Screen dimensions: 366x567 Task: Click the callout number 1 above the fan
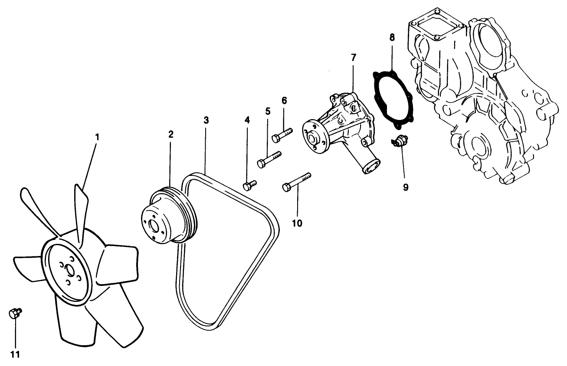tap(97, 136)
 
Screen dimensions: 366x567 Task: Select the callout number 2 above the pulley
tap(171, 134)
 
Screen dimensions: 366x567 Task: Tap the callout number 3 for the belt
tap(206, 120)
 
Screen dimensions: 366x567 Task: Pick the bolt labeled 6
tap(282, 134)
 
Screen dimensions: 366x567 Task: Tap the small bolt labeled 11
tap(14, 313)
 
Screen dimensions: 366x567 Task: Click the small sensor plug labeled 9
tap(399, 141)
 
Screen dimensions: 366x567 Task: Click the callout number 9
tap(405, 187)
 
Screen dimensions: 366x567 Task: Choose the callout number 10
tap(297, 223)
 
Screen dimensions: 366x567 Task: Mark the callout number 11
tap(15, 355)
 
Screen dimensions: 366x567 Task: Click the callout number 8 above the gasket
tap(392, 37)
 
